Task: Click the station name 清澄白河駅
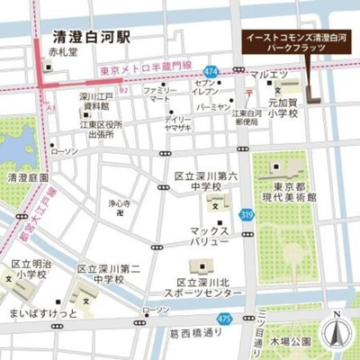point(92,38)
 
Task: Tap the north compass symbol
point(336,332)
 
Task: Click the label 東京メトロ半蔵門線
point(146,68)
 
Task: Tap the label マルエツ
point(268,74)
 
